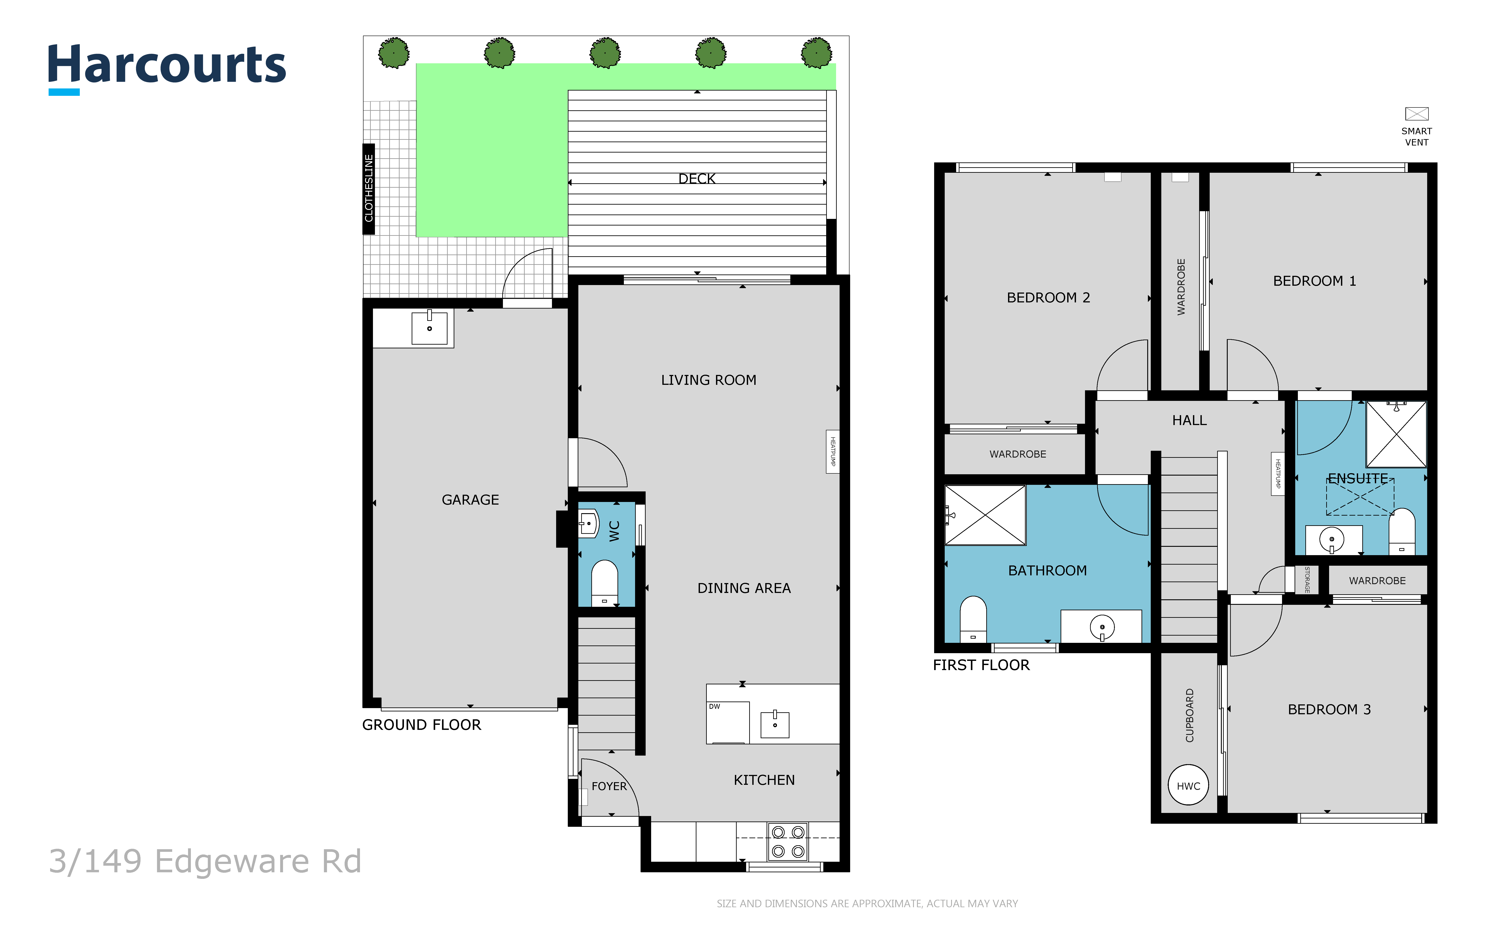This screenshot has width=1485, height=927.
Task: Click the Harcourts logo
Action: click(x=167, y=69)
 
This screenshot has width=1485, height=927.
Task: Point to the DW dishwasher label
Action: click(x=715, y=706)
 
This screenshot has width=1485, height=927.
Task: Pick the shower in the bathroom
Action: click(x=985, y=515)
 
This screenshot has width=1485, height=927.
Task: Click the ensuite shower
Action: click(x=1396, y=434)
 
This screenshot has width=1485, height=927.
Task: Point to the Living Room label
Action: click(x=709, y=380)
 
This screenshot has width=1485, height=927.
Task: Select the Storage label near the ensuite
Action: click(x=1307, y=579)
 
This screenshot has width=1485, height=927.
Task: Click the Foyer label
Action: click(x=609, y=786)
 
